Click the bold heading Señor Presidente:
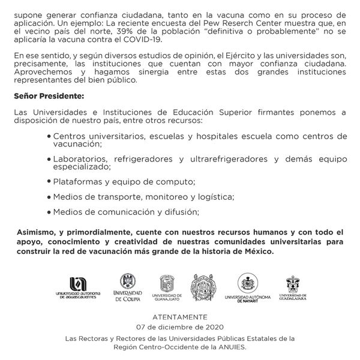click(49, 96)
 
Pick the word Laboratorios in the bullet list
click(79, 158)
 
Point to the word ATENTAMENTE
click(180, 316)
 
